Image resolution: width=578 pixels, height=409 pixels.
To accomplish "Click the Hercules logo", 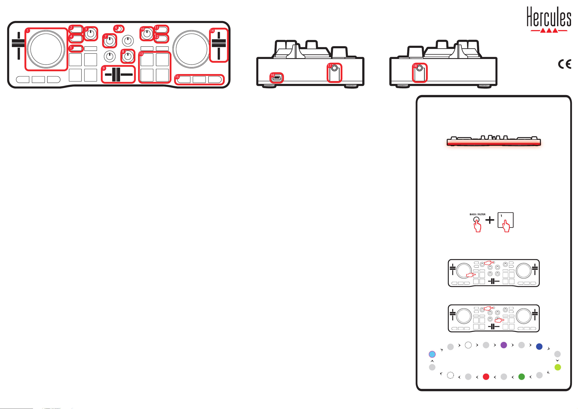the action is click(549, 20).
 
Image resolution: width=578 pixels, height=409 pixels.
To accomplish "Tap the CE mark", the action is click(564, 64).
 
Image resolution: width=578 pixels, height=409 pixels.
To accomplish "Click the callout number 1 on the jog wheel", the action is click(28, 31).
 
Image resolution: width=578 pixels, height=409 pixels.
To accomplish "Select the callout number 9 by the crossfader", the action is click(104, 68).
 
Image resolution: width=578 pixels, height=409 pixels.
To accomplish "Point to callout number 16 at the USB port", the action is click(272, 75).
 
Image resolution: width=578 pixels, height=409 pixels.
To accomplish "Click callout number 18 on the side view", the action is click(415, 66).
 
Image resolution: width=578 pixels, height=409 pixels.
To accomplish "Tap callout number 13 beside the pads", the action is click(141, 54).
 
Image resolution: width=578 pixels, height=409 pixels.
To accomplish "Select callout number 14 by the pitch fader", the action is click(212, 31).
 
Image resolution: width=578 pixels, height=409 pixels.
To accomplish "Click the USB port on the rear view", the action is click(277, 78).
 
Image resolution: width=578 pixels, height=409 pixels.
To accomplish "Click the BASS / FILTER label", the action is click(477, 214).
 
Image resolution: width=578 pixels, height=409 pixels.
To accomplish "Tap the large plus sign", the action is click(490, 220).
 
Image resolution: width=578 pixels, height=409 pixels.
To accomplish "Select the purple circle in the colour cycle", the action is click(504, 345).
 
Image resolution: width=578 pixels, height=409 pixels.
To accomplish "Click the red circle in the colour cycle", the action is click(486, 377).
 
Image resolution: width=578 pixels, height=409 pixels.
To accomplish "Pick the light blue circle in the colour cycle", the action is click(432, 354).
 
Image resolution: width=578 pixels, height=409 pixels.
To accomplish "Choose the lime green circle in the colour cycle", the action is click(558, 367).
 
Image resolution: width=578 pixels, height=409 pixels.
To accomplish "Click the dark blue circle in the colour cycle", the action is click(539, 347).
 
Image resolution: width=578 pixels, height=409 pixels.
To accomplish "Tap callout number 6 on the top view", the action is click(116, 28).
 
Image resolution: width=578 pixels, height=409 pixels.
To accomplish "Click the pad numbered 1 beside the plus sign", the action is click(506, 220).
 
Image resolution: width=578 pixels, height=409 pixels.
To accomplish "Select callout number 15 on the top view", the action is click(177, 77).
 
